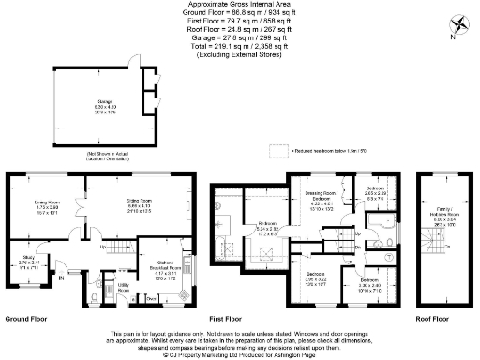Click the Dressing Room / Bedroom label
tap(322, 202)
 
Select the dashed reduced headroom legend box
tap(278, 150)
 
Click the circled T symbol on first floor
tap(390, 254)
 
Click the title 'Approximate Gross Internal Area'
tap(239, 6)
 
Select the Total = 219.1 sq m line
tap(239, 45)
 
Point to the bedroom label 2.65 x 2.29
tap(376, 195)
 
